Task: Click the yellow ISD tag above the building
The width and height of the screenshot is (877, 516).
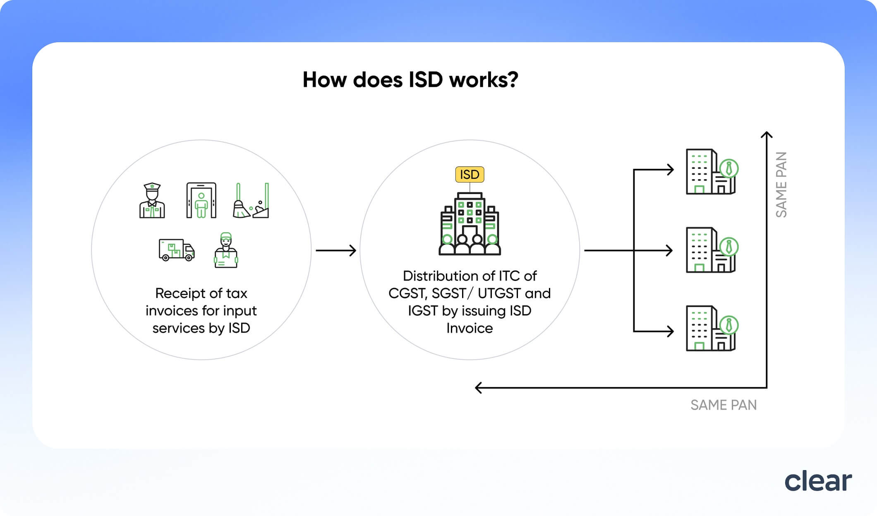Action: [470, 175]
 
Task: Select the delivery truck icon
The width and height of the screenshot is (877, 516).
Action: [177, 250]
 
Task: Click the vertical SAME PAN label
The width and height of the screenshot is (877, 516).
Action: [781, 185]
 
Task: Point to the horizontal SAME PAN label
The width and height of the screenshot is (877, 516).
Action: [724, 405]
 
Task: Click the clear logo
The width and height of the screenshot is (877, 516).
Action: [818, 481]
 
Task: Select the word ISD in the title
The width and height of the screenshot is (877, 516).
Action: [426, 80]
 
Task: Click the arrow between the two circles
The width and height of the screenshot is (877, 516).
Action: [336, 250]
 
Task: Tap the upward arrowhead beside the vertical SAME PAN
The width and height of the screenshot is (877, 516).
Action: [767, 134]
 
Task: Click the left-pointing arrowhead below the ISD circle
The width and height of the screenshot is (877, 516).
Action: [479, 388]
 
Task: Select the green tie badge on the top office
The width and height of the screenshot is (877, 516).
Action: [729, 169]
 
